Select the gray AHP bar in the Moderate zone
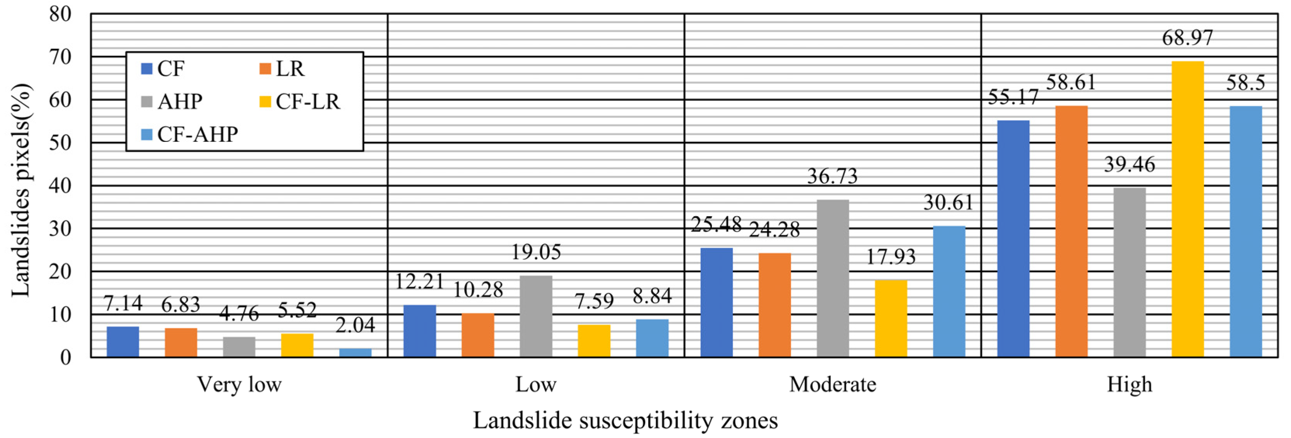tap(833, 278)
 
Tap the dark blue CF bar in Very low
tap(123, 342)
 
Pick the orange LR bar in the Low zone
tap(477, 335)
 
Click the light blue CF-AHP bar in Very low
tap(355, 352)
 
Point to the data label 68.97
tap(1187, 38)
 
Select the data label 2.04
tap(355, 325)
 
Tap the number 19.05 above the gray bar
tap(536, 252)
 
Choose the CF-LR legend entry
tap(300, 102)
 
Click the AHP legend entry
tap(172, 102)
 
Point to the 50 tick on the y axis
tap(60, 143)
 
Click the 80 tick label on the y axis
tap(60, 14)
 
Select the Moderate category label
tap(833, 385)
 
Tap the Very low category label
tap(239, 385)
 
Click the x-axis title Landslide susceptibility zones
tap(625, 421)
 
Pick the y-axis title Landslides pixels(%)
tap(21, 190)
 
